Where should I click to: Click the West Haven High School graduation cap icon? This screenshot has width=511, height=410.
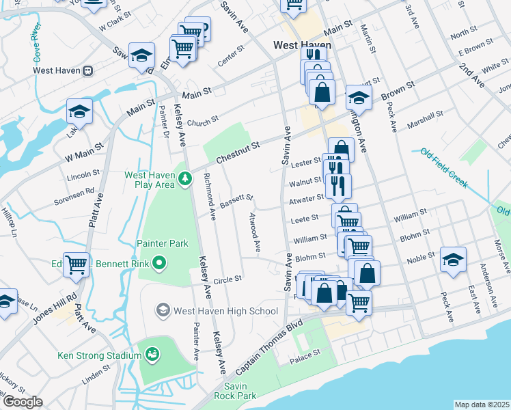[x=163, y=311]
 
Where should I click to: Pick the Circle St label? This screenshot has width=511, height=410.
[x=228, y=279]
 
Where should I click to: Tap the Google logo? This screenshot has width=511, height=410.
[x=23, y=401]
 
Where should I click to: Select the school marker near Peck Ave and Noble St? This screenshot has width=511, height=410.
[x=453, y=259]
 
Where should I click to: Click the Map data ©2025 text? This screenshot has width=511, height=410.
[x=482, y=405]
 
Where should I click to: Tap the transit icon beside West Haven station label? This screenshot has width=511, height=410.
[x=88, y=70]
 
